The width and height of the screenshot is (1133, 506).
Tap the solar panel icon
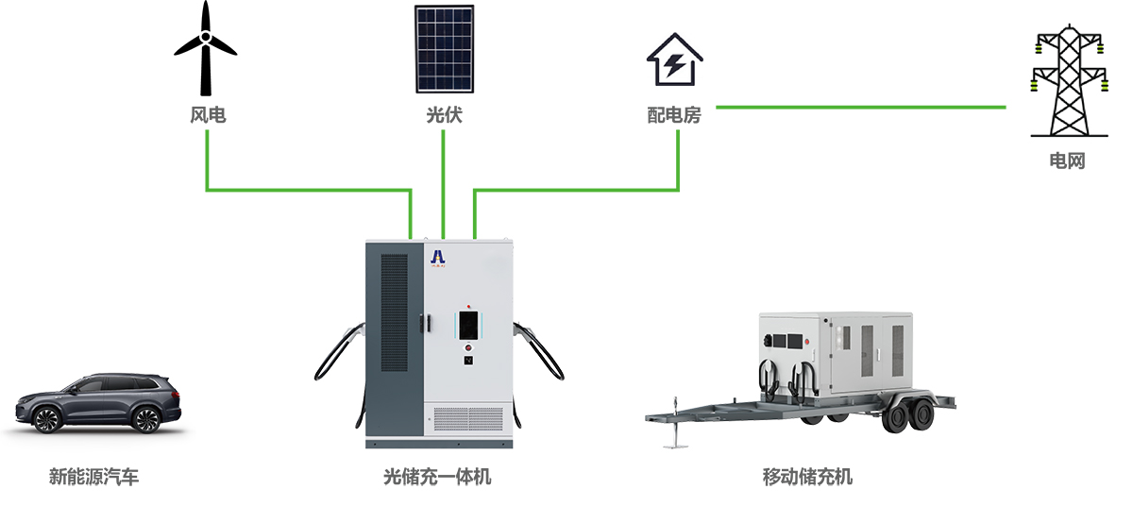coord(444,49)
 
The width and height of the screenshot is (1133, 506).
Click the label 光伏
coord(444,116)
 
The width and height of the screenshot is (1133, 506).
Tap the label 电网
coord(1068,160)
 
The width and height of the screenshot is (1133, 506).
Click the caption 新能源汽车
coord(93,477)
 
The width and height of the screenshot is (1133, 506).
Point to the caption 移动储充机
coord(807,477)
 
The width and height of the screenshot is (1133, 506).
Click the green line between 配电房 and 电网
coord(859,107)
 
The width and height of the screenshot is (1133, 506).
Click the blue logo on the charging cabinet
coord(438,256)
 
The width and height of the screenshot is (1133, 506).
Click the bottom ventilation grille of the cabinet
coord(470,420)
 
